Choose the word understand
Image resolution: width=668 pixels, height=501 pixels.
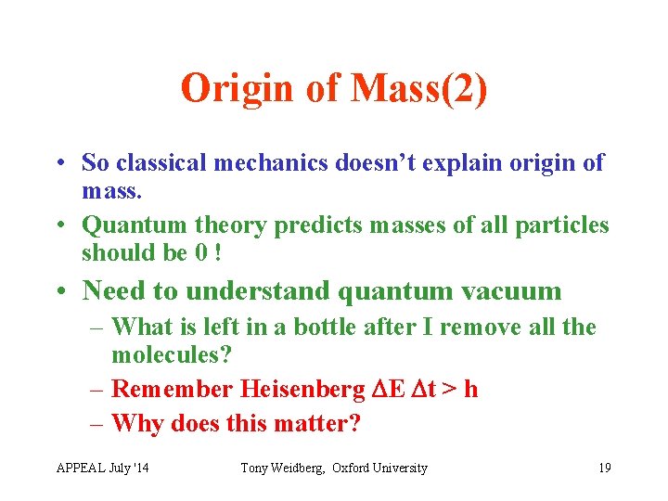coord(257,291)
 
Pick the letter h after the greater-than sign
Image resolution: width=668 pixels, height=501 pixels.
coord(470,390)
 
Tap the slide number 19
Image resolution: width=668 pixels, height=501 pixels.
coord(604,469)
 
